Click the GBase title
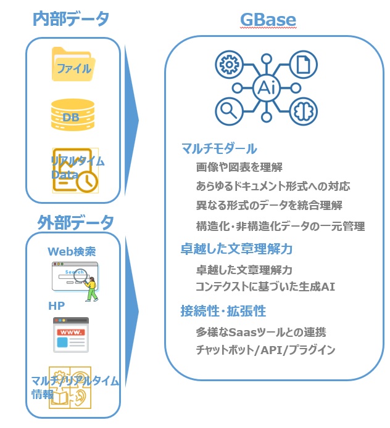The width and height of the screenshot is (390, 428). (268, 20)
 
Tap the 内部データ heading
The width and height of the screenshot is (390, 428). (71, 18)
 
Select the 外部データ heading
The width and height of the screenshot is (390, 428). (75, 222)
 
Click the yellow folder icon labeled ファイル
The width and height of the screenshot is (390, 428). (73, 65)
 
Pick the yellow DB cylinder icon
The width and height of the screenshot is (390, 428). (73, 115)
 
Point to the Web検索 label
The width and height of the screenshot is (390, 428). (72, 251)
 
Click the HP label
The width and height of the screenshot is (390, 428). (56, 305)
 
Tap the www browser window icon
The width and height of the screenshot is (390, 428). (71, 334)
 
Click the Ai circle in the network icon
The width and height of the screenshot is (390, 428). (267, 88)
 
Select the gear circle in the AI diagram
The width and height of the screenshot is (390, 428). (229, 65)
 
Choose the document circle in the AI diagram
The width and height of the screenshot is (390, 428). (304, 65)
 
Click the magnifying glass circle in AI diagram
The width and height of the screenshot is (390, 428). (229, 111)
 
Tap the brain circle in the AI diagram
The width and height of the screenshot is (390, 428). (304, 111)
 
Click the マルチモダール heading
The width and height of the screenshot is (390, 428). (219, 149)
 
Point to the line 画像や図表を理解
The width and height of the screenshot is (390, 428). (239, 167)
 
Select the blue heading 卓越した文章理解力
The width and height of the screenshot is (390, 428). (236, 249)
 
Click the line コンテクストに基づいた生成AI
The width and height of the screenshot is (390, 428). (265, 286)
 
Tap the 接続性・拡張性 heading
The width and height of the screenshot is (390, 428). (223, 310)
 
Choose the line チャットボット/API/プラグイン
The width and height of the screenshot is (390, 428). (265, 350)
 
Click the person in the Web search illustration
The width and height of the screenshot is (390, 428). (91, 289)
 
